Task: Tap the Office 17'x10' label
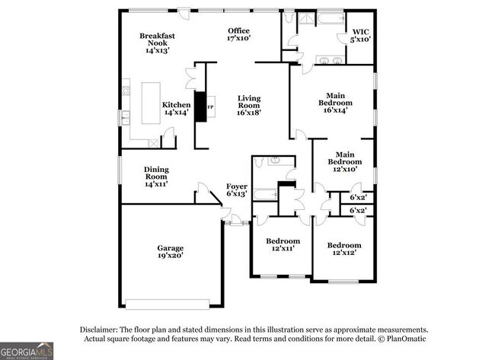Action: pyautogui.click(x=239, y=34)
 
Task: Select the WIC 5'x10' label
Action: pyautogui.click(x=360, y=34)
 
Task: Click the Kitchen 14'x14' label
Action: pyautogui.click(x=176, y=109)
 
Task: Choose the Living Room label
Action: pyautogui.click(x=249, y=105)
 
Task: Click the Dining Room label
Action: pyautogui.click(x=156, y=177)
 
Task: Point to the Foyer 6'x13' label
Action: pyautogui.click(x=236, y=190)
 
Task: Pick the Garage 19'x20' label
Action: pyautogui.click(x=170, y=252)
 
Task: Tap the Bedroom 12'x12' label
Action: pyautogui.click(x=343, y=249)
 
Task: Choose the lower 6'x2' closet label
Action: pyautogui.click(x=358, y=210)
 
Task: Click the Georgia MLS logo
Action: pyautogui.click(x=27, y=351)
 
